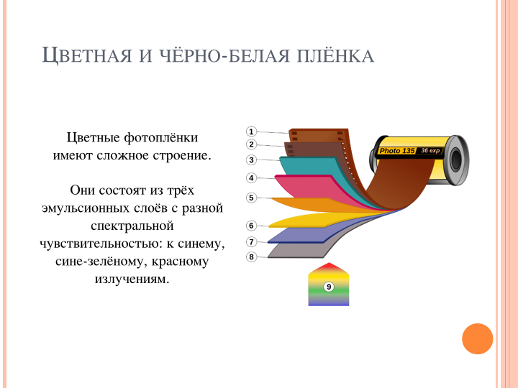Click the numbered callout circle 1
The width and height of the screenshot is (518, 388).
[251, 131]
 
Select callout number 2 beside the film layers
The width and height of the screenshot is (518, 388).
[251, 144]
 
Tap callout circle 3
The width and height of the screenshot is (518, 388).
[251, 160]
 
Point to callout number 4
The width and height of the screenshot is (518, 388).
[251, 178]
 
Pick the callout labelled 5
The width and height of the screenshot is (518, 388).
[251, 198]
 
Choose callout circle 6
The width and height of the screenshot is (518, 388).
[251, 226]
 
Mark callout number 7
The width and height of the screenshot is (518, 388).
[251, 242]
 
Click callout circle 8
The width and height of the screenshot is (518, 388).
[251, 257]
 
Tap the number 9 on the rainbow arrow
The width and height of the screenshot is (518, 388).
[329, 287]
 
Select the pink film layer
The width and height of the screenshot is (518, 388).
[307, 185]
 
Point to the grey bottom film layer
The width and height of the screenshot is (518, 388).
[297, 251]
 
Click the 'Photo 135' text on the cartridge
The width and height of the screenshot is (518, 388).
[397, 151]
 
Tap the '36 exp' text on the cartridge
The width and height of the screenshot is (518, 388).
[430, 150]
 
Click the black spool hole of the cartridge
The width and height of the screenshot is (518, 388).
[456, 160]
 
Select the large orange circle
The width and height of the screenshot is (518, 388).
[478, 339]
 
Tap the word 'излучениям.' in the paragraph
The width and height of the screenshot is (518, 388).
[132, 279]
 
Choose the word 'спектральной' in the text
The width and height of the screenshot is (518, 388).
[132, 226]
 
